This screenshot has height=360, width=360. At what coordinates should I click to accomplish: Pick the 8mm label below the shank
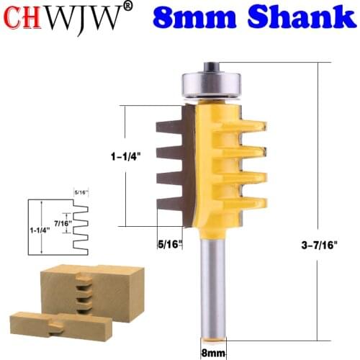tap(211, 351)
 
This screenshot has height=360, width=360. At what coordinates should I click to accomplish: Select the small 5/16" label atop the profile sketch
tap(79, 192)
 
